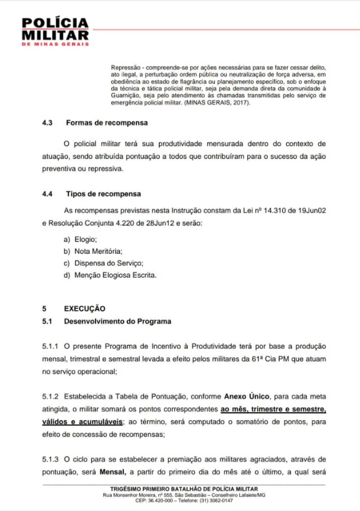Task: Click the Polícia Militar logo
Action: coord(55,32)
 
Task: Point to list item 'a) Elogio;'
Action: coord(80,238)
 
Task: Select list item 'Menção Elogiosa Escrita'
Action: coord(115,275)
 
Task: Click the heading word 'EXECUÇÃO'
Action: coord(85,308)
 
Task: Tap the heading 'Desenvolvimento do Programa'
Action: coord(118,321)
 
